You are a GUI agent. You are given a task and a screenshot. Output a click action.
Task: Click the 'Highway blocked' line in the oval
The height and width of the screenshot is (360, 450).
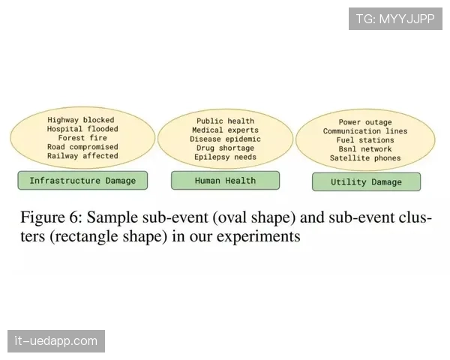(81, 120)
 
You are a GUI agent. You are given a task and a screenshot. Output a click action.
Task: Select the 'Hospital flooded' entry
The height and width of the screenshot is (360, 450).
(82, 129)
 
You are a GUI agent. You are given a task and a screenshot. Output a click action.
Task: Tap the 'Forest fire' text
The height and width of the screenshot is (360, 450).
(82, 138)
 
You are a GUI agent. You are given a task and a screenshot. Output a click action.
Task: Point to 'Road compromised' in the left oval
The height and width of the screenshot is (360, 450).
(82, 147)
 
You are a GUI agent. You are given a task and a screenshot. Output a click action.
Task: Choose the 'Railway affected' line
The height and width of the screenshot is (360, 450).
(82, 156)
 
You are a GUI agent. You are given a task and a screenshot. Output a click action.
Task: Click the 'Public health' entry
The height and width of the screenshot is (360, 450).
(225, 121)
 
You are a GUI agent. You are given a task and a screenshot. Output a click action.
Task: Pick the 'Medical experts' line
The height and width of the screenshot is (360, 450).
(225, 130)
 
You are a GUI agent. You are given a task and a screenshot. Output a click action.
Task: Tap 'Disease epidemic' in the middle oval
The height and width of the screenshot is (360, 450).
(225, 139)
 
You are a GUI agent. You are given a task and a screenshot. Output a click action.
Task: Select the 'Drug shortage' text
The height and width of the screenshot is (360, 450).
(225, 148)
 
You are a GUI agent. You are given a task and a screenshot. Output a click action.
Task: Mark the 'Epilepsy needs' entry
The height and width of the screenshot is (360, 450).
(225, 157)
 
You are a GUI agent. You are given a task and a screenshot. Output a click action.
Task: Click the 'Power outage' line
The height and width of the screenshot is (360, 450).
(365, 122)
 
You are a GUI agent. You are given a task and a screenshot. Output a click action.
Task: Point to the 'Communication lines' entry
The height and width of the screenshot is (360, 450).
(365, 131)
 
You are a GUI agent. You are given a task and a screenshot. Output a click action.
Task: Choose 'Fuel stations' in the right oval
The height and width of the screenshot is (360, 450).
(365, 140)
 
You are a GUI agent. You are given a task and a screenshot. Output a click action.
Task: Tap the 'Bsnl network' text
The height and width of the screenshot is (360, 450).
(365, 149)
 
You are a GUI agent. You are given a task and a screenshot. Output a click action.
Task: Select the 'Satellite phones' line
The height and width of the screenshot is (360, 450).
(365, 158)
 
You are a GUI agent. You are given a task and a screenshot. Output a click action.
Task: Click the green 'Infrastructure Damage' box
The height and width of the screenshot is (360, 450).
(82, 181)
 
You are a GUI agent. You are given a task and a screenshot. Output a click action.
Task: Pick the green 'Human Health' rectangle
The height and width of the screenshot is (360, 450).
(225, 181)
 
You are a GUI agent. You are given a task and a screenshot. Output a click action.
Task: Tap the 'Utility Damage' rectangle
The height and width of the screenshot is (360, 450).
(366, 181)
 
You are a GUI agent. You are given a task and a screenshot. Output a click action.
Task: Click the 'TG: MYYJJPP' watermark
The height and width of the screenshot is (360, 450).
(395, 19)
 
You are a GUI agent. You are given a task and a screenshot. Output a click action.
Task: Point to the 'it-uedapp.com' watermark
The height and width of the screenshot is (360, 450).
(56, 341)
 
